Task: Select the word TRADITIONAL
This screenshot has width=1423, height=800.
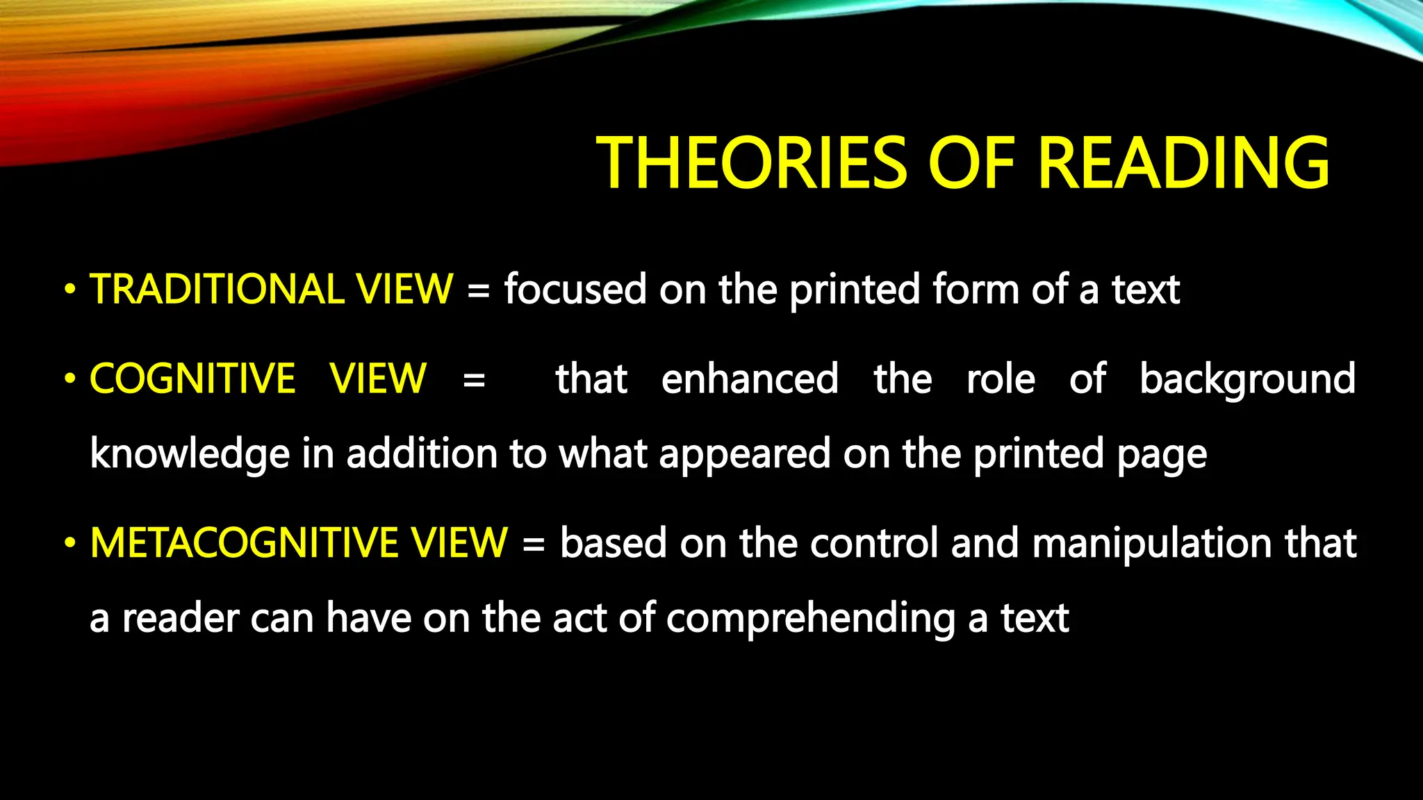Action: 217,290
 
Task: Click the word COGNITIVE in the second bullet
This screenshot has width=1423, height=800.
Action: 192,379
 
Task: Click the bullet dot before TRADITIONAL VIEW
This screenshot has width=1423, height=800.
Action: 69,290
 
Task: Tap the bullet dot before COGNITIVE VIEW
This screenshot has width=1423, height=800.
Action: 69,380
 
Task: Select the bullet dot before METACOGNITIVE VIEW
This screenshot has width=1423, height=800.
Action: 69,544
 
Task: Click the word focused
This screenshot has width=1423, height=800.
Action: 575,290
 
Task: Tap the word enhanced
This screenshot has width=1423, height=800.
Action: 750,379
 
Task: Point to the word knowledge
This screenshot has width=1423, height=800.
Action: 190,455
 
